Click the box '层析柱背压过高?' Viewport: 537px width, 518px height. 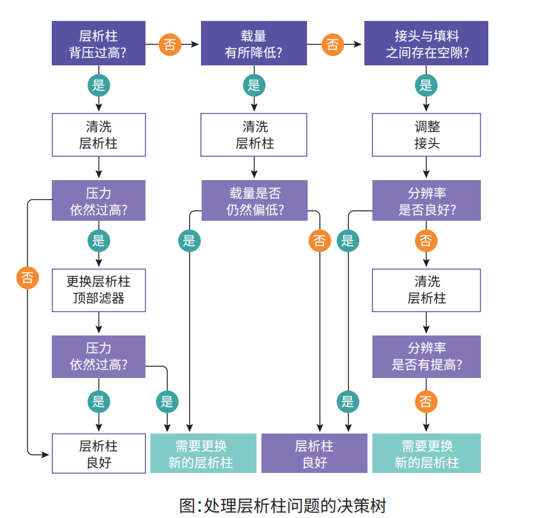tap(99, 43)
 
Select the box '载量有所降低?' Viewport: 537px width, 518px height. tap(254, 43)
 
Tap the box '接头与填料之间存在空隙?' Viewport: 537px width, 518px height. tap(426, 43)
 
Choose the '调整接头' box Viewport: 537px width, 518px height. tap(426, 134)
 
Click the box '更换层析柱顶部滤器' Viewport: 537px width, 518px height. tap(99, 290)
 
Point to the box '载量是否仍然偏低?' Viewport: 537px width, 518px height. tap(254, 200)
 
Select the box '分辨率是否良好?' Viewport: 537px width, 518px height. tap(426, 200)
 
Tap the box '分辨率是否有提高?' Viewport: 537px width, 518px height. tap(426, 356)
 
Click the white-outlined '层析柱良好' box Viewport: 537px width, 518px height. tap(99, 453)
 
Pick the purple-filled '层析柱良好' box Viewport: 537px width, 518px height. tap(314, 453)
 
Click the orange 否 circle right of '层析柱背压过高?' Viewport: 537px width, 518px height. tap(170, 44)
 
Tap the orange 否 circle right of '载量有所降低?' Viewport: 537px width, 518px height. tap(332, 44)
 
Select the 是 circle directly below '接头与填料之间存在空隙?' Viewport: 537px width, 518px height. tap(426, 85)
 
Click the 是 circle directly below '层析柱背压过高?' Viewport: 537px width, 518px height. tap(99, 85)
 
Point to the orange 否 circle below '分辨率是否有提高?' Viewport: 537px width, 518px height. tap(426, 402)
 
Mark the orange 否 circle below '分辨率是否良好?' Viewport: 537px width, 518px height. tap(426, 240)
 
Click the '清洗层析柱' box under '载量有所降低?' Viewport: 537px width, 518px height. tap(254, 134)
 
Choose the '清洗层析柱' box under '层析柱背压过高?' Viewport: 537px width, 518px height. tap(99, 134)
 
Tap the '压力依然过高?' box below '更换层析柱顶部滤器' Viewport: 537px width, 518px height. tap(99, 356)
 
